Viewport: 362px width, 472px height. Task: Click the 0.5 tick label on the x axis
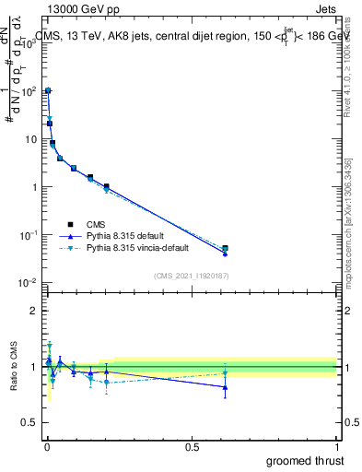point(192,446)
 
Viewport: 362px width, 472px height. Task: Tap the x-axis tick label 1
point(337,446)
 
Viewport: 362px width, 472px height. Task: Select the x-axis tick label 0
point(47,446)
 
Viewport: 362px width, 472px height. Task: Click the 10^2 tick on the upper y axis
point(29,91)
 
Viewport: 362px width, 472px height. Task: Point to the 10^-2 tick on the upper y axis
point(29,282)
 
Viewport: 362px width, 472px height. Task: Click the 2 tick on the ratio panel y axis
point(34,311)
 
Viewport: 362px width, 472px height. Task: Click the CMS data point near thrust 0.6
point(225,248)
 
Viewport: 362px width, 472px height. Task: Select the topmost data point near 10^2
point(48,90)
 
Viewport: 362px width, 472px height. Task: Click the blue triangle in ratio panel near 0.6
point(225,387)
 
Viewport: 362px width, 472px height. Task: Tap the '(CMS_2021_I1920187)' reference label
point(190,275)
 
